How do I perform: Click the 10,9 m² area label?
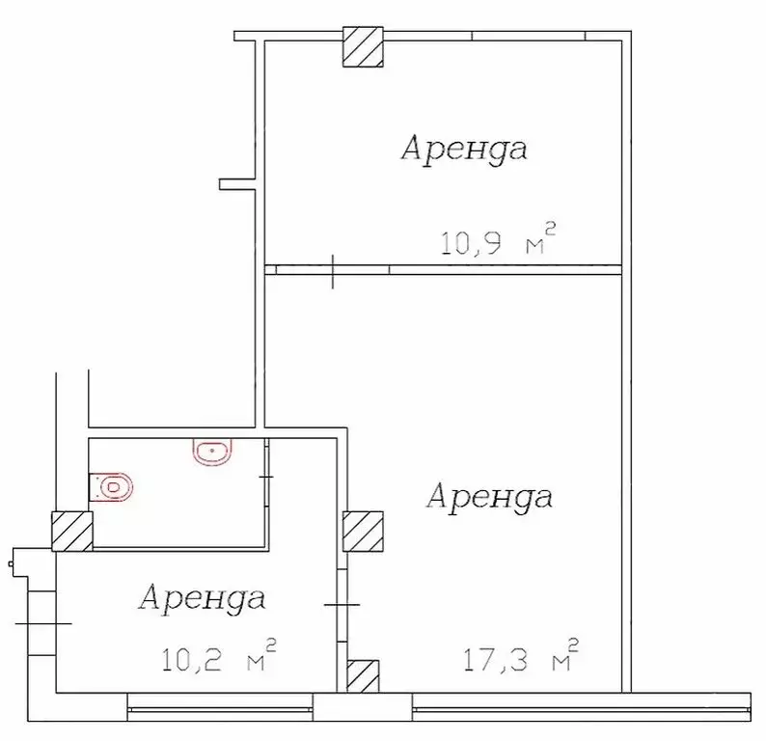click(x=498, y=238)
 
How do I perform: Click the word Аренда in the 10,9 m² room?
click(x=464, y=150)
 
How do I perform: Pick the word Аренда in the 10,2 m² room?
click(x=202, y=598)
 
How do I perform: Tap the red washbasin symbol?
click(x=212, y=450)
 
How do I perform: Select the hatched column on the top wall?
click(x=364, y=47)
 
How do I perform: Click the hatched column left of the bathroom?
click(x=72, y=532)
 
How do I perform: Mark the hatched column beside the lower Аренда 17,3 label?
click(x=363, y=532)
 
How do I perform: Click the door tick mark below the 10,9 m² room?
click(x=332, y=270)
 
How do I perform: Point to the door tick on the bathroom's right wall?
click(x=266, y=477)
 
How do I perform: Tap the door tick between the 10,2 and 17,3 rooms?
click(x=341, y=605)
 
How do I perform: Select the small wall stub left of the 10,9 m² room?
click(x=236, y=183)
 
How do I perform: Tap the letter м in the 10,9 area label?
click(x=534, y=245)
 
